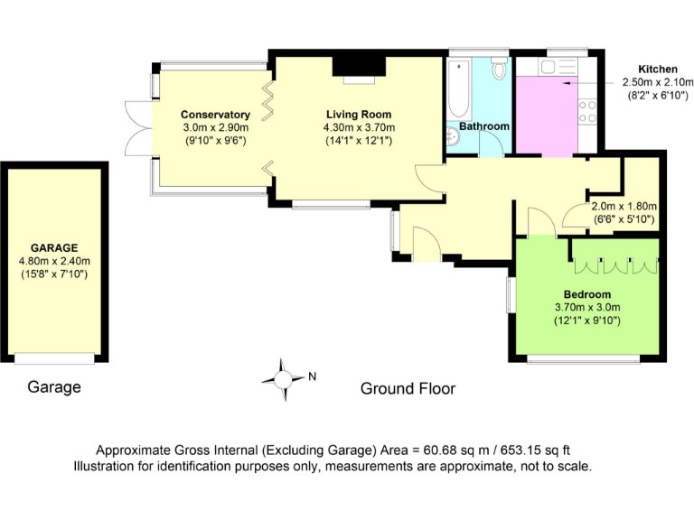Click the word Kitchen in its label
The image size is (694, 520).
click(658, 70)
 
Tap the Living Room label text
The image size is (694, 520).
click(359, 115)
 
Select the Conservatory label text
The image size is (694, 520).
click(215, 115)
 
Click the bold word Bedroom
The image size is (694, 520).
click(587, 294)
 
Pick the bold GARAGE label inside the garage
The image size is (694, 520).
click(54, 247)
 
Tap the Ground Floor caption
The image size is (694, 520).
click(408, 389)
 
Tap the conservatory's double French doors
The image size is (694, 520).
click(136, 125)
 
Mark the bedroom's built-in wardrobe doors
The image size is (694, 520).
click(614, 264)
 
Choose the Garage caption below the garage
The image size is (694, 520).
click(54, 387)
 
